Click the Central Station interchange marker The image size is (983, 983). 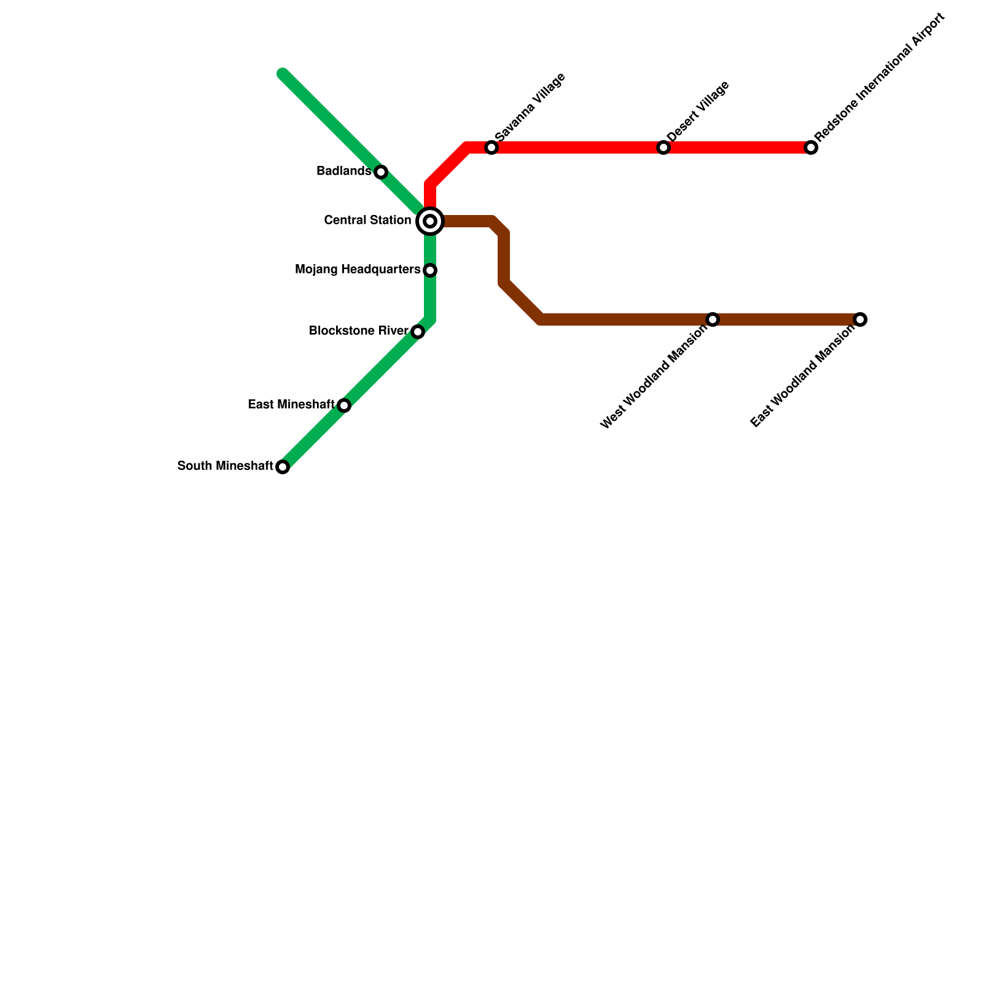point(430,221)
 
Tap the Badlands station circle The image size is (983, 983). point(381,172)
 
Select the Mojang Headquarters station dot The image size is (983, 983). point(430,270)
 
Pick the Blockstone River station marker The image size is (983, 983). point(418,332)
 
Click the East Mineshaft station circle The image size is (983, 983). point(344,405)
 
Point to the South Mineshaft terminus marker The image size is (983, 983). point(283,467)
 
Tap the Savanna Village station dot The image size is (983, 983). point(491,147)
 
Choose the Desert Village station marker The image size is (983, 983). point(664,147)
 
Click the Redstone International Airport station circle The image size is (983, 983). point(811,147)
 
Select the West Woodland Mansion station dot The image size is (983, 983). point(713,319)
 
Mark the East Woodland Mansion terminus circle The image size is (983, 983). point(860,319)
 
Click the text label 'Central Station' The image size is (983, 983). point(367,220)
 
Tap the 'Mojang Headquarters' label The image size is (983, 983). point(358,269)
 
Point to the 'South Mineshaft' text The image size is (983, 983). point(225,466)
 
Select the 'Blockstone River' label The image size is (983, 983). point(359,331)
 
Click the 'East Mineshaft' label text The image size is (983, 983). point(291,404)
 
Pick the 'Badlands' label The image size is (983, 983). point(343,171)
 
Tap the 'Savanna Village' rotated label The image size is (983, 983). point(530,107)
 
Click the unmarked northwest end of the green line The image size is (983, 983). point(283,74)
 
